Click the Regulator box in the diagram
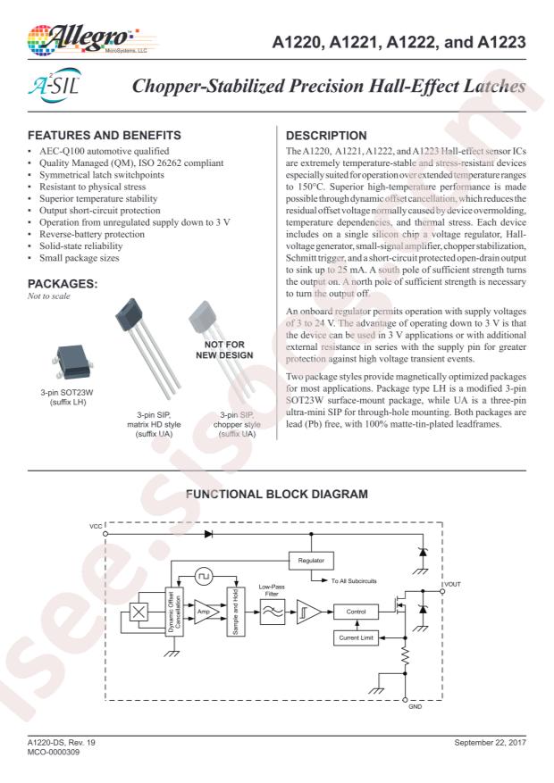[x=311, y=559]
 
